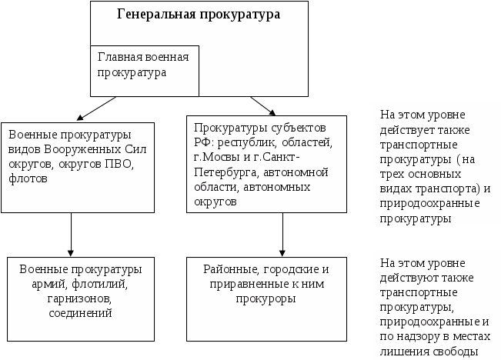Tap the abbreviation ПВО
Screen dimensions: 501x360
pos(116,165)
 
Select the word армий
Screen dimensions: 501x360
pos(42,284)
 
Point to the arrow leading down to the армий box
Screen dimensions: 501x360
pos(71,234)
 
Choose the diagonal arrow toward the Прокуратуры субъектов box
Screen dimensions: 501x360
pos(264,105)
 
